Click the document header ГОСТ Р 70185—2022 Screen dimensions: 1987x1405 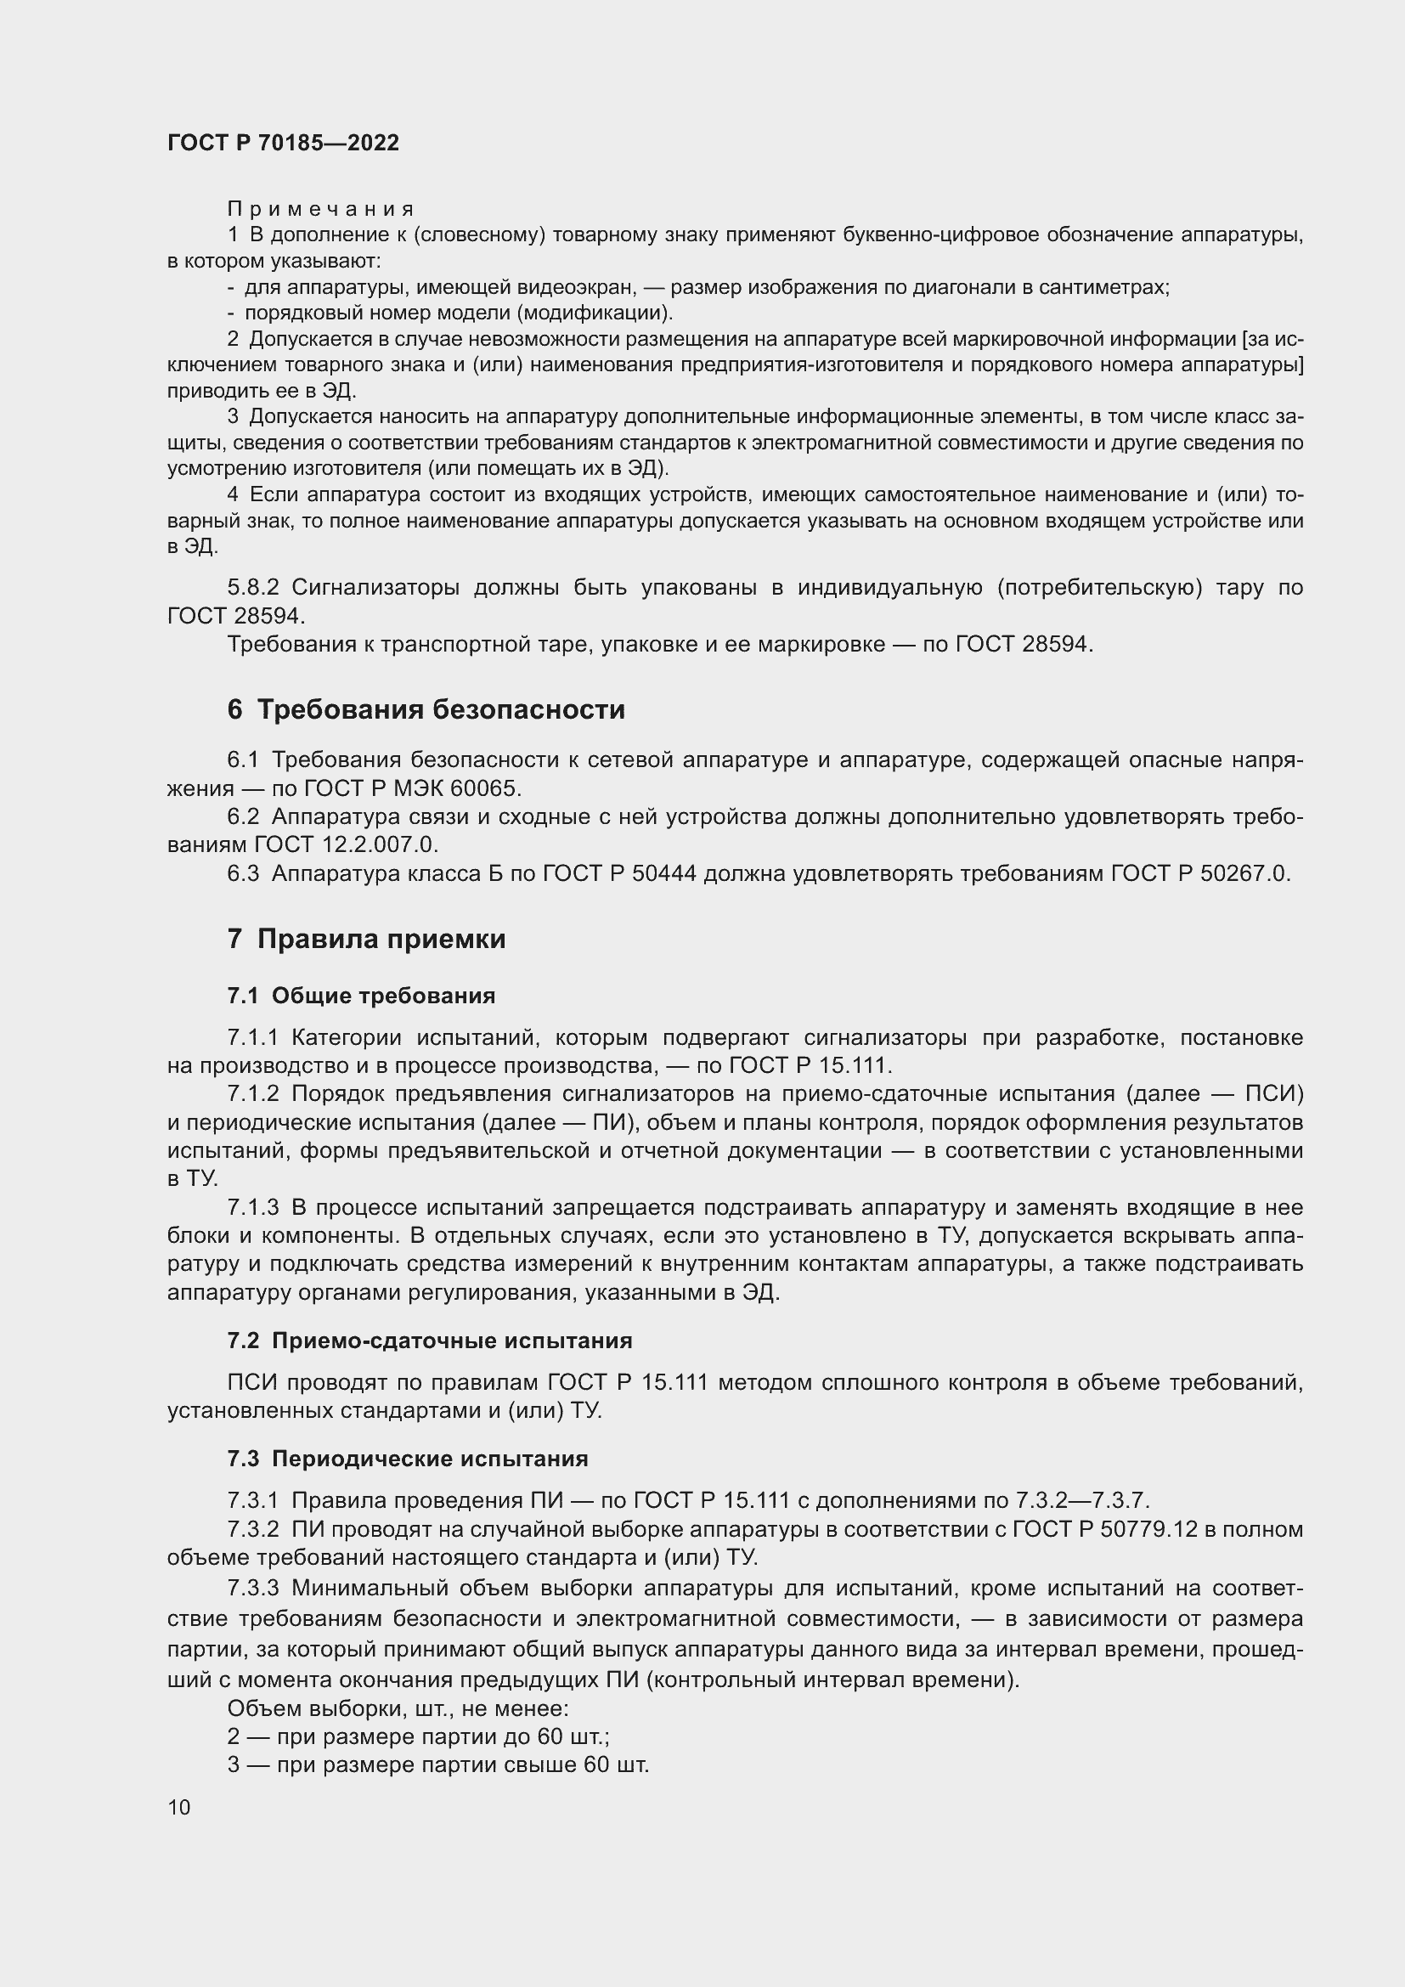[283, 143]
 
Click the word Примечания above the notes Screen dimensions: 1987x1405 [320, 210]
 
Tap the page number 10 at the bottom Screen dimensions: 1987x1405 [179, 1807]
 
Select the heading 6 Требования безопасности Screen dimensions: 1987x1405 [426, 709]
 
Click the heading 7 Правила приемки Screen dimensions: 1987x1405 [366, 939]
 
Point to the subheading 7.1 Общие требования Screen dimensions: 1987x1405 [361, 996]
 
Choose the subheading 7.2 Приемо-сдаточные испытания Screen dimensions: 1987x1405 [429, 1341]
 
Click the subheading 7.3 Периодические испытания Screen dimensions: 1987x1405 [408, 1459]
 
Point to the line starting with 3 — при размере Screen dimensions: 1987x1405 [437, 1764]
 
